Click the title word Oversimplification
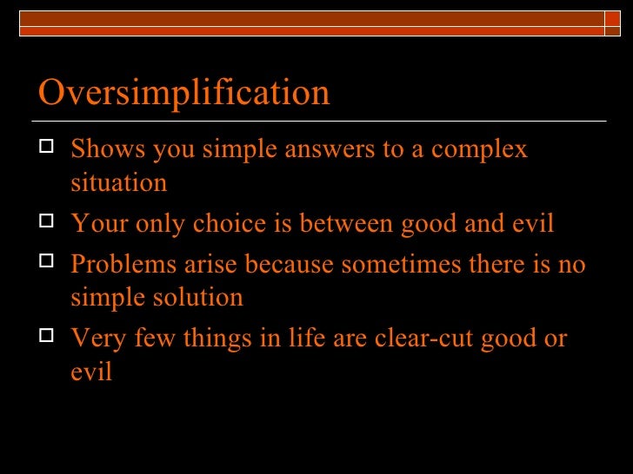pyautogui.click(x=183, y=93)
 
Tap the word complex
pyautogui.click(x=480, y=149)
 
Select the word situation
pyautogui.click(x=118, y=183)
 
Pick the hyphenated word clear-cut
pyautogui.click(x=412, y=338)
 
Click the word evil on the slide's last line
pyautogui.click(x=91, y=372)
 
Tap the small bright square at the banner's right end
pyautogui.click(x=616, y=19)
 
